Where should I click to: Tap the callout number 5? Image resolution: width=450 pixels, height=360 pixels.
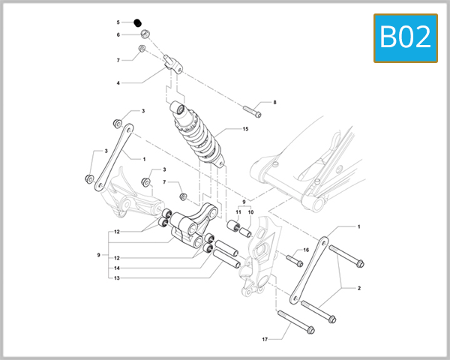118,22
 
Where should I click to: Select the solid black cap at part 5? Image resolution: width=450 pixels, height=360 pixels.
139,22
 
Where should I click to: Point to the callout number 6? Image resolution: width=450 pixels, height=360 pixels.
118,34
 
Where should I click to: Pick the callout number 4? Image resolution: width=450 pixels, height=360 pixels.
118,82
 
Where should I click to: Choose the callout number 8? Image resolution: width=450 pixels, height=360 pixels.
274,102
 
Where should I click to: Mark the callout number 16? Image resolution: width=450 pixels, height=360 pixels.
306,250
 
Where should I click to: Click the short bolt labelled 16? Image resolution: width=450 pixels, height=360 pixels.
294,260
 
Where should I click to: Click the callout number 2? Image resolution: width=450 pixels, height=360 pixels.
358,288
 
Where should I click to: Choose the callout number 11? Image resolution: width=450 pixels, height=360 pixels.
238,212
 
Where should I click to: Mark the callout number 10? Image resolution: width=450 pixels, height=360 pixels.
250,212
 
